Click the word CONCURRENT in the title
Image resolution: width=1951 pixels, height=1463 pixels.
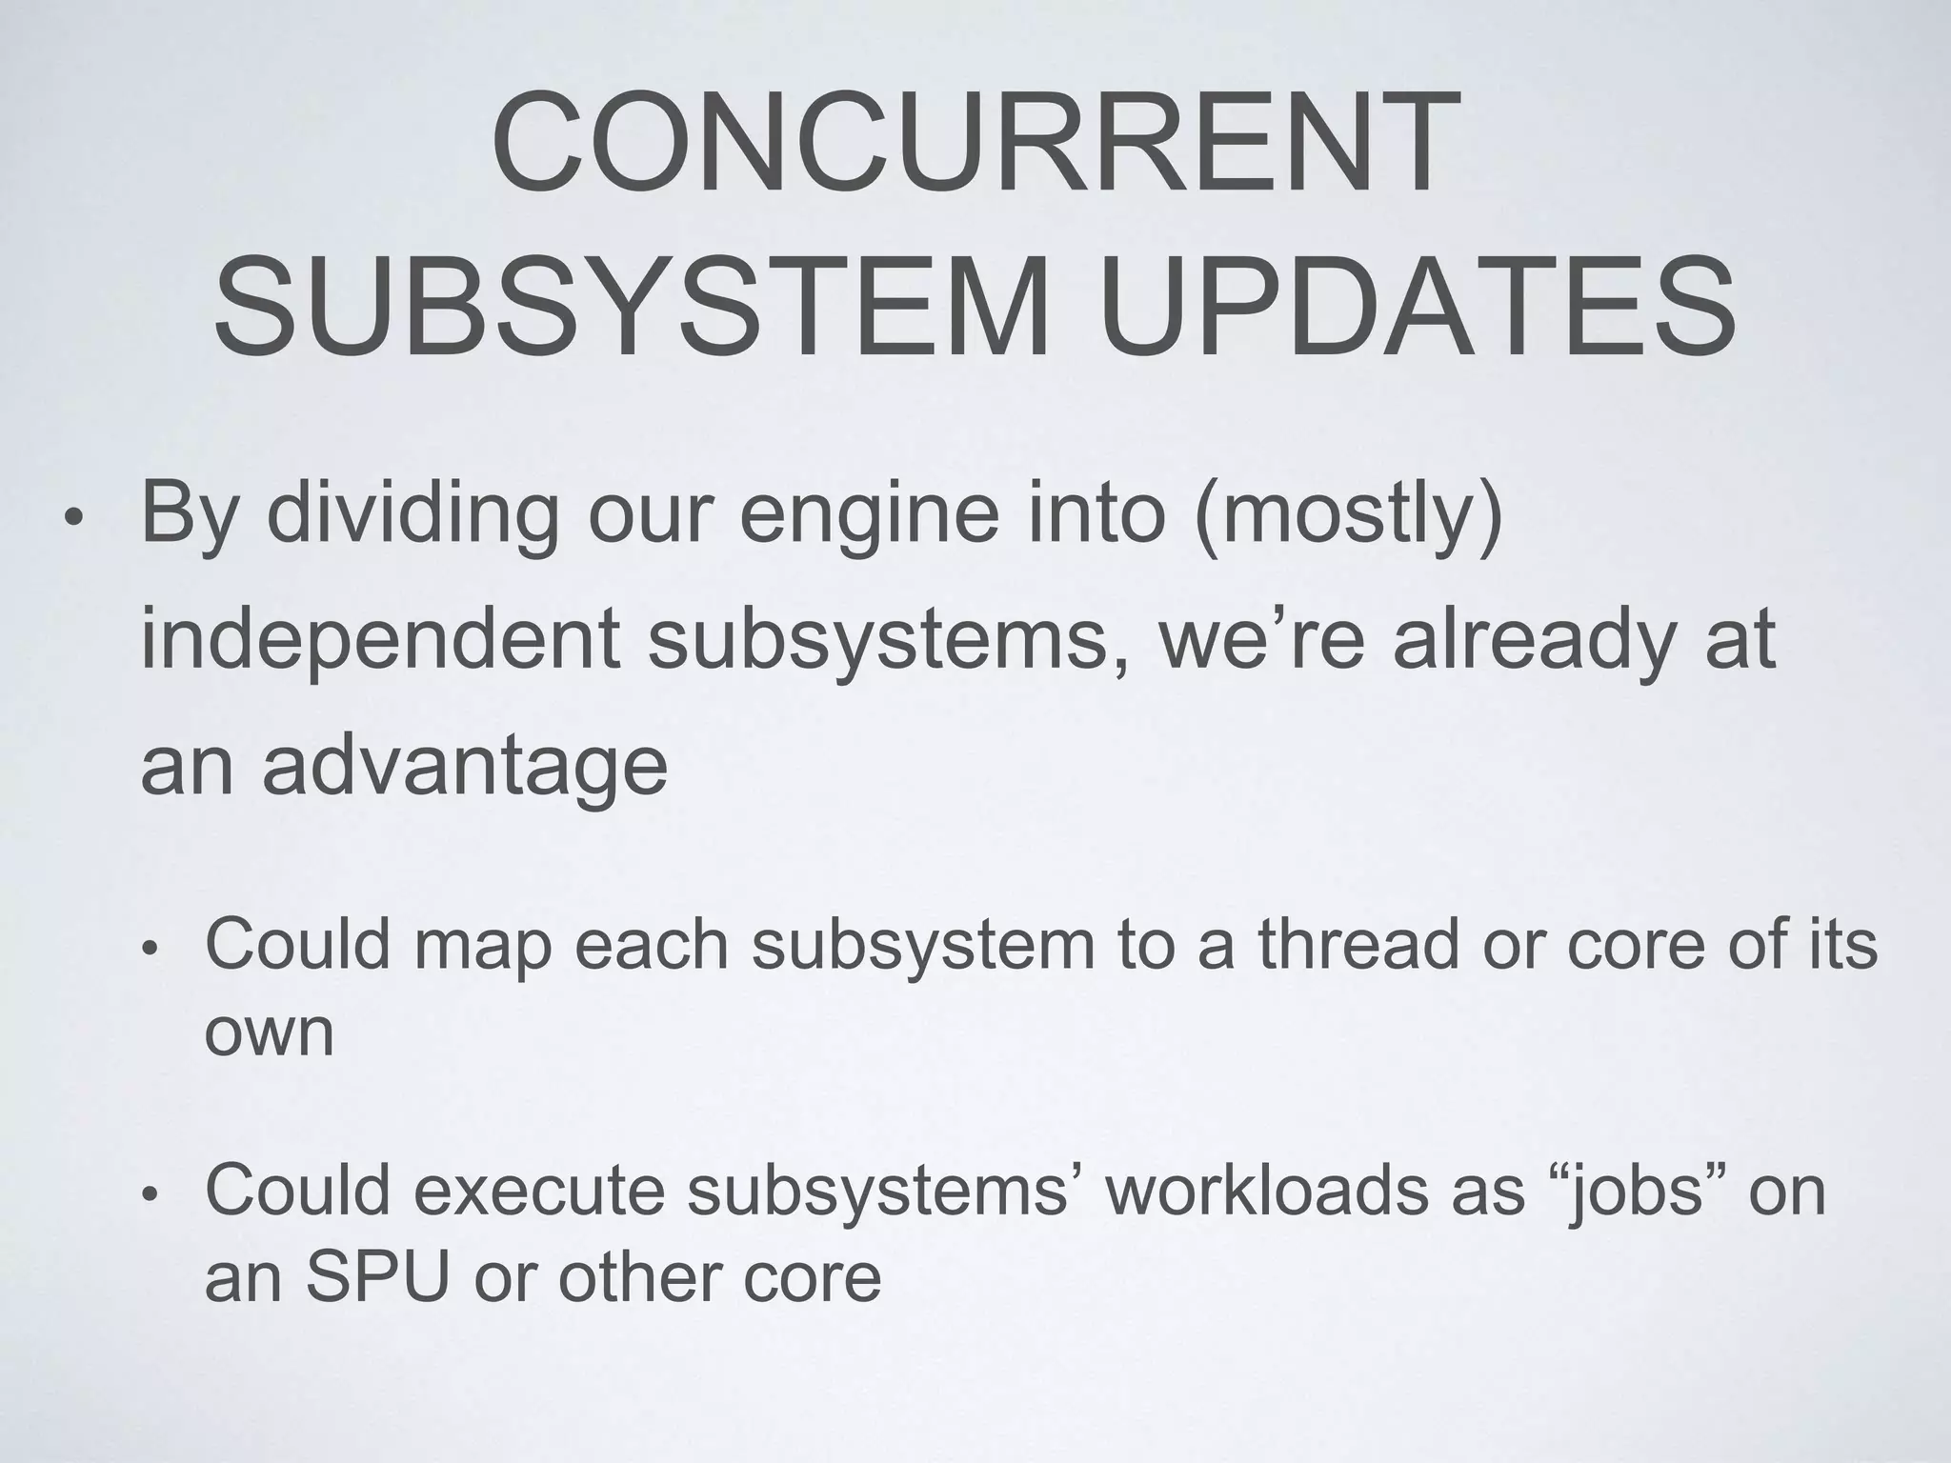point(975,145)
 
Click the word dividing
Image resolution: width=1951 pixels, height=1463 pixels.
point(412,514)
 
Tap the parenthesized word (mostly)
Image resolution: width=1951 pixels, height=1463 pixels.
point(1347,514)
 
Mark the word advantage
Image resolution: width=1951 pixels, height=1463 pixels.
point(465,767)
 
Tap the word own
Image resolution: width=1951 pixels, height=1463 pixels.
point(270,1033)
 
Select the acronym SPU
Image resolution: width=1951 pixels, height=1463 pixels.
point(377,1278)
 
